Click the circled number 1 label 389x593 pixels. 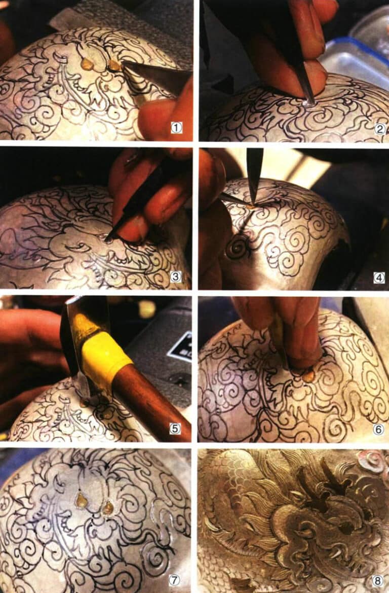(x=176, y=128)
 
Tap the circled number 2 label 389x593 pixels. (x=380, y=128)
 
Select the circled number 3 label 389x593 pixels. (x=176, y=276)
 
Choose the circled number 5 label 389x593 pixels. (x=175, y=429)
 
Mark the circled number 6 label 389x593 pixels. (x=379, y=429)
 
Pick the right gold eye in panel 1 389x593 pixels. (x=115, y=65)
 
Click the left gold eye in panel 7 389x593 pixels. (x=82, y=501)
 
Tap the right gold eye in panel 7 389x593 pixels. (x=107, y=507)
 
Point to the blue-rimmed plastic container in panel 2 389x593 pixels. (x=355, y=56)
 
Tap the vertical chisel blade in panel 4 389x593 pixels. (x=254, y=172)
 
